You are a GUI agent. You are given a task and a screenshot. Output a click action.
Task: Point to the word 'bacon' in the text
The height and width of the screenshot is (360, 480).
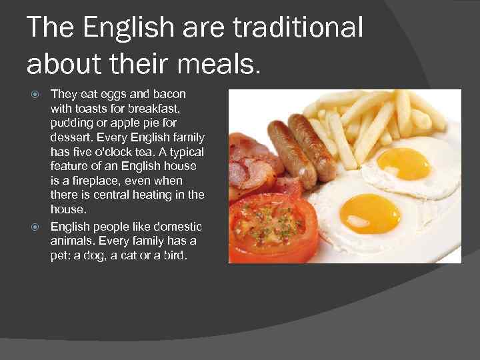pos(170,94)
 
